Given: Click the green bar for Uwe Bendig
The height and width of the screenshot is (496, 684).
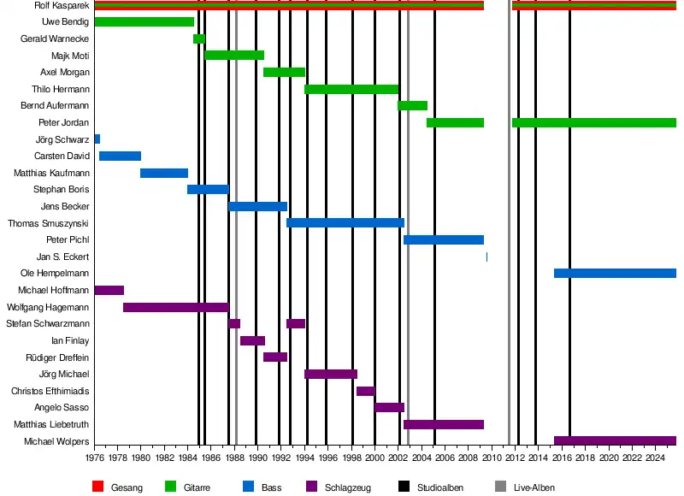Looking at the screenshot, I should (144, 21).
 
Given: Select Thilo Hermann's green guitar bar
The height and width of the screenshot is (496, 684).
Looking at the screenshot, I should (351, 89).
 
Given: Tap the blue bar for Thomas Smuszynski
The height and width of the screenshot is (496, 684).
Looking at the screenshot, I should (345, 222).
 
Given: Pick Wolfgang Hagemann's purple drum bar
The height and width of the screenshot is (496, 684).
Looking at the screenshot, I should (175, 307).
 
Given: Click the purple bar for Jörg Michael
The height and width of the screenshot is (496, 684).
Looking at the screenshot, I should (330, 374).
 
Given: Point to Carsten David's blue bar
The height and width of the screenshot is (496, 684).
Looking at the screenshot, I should (120, 156).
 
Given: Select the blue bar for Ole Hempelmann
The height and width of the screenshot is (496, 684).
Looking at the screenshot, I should (615, 273).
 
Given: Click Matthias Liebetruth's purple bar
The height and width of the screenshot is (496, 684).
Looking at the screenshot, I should (443, 424).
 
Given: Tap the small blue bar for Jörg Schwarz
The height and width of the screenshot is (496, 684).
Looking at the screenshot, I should (97, 139).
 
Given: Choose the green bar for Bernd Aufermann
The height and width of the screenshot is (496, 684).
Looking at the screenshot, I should (412, 105).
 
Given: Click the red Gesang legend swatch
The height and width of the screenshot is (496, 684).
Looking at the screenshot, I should (97, 487).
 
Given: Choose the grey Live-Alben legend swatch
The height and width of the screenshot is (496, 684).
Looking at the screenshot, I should (500, 487).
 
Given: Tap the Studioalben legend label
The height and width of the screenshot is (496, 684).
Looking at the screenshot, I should (440, 487).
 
